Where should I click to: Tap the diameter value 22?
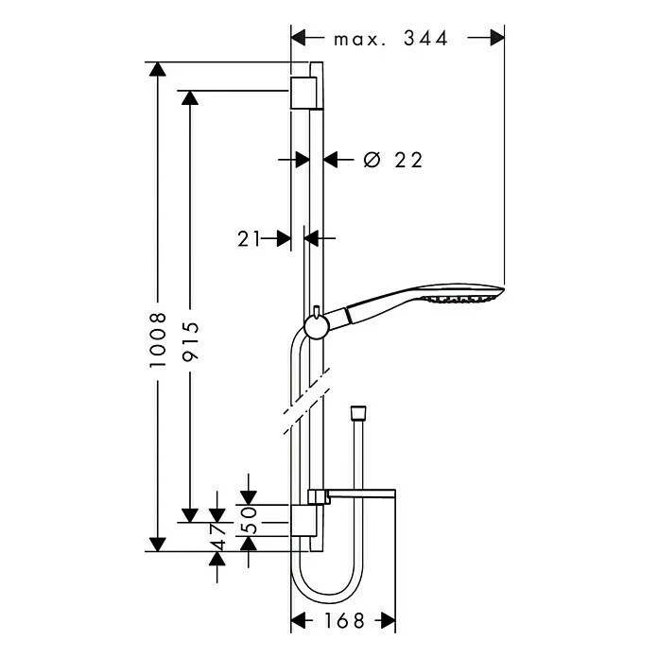(407, 161)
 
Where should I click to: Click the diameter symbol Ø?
(371, 161)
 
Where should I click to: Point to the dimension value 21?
(249, 239)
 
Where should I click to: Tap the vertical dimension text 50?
(249, 518)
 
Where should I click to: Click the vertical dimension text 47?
(218, 535)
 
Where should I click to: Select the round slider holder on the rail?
(316, 327)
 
